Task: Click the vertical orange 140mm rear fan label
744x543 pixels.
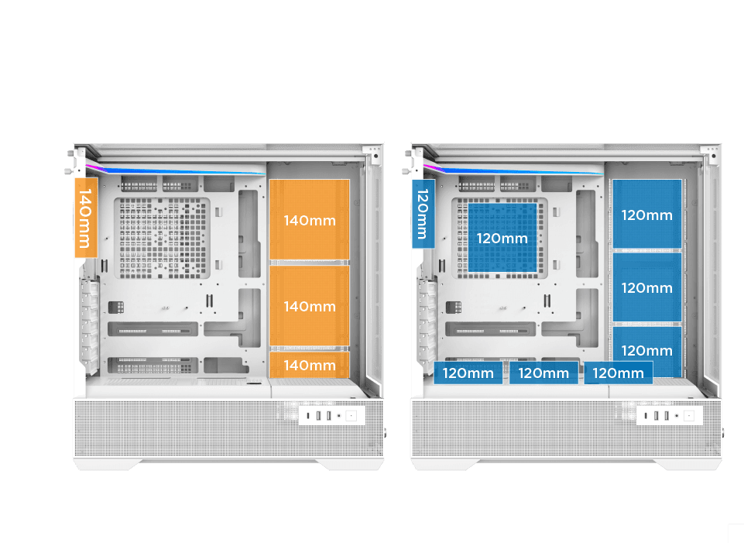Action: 85,217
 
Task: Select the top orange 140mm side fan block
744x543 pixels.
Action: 309,220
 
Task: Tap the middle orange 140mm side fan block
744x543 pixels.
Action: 309,306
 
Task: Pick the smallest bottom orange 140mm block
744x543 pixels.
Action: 309,364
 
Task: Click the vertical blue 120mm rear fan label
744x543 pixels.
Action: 423,214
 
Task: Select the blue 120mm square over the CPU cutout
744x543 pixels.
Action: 501,237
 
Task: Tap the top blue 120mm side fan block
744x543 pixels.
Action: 647,215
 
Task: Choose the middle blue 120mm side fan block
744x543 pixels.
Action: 647,287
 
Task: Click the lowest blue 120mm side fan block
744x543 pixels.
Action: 647,350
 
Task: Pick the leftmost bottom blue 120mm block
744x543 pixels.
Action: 468,373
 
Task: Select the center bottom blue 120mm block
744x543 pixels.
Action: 543,373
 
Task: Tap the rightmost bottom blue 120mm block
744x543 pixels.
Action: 618,373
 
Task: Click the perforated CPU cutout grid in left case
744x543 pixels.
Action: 163,237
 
